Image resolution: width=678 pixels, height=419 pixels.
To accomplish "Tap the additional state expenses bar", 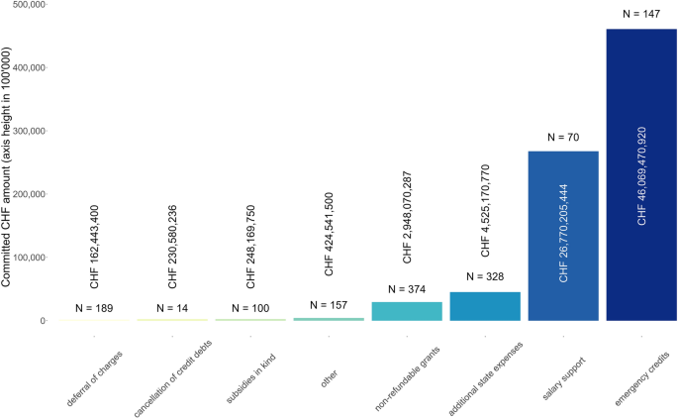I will [485, 306].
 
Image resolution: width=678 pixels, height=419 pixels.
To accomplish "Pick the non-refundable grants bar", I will [407, 311].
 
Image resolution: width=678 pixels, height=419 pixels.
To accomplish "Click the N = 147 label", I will [641, 14].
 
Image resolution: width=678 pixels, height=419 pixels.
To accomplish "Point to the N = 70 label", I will [563, 137].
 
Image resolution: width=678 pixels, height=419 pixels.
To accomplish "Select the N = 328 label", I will [485, 278].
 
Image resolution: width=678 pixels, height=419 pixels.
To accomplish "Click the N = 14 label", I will [172, 307].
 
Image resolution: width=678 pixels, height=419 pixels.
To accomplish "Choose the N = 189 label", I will [94, 308].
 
